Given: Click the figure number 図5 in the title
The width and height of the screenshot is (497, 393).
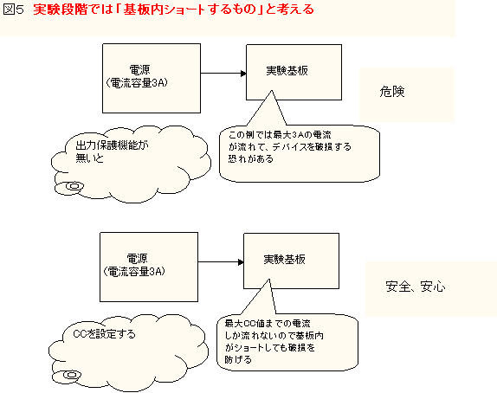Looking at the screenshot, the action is tap(13, 10).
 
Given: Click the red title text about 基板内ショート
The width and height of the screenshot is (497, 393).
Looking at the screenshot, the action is tap(173, 10).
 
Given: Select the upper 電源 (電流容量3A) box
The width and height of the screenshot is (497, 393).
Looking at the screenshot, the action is tap(152, 78).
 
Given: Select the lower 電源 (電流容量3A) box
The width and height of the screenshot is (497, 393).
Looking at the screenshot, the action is tap(149, 267).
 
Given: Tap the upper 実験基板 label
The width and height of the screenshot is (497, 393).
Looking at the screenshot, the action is tap(287, 70).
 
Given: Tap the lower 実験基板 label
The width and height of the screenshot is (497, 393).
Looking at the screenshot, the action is tap(284, 259).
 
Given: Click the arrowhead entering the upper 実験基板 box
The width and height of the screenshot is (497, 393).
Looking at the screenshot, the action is tap(243, 74).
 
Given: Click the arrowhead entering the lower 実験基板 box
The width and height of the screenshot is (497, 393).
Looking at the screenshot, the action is tap(241, 262).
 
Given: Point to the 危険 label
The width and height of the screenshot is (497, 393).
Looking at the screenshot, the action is tap(392, 92).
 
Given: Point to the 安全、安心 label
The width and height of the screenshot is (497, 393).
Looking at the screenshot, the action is tap(416, 287).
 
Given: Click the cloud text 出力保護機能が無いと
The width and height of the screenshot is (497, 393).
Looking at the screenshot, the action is tap(113, 151).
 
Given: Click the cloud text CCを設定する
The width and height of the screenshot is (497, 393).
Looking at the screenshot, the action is tap(104, 334).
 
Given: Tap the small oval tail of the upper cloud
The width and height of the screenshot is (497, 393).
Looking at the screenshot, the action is tap(70, 187).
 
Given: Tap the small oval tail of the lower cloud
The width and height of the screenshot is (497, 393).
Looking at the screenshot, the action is tap(68, 376).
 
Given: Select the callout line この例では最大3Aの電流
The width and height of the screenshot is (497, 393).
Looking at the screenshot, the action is tap(280, 135).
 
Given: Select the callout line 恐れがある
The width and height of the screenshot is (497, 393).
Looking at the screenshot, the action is tap(251, 158).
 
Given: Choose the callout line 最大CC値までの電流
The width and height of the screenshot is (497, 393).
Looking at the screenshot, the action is tap(268, 324).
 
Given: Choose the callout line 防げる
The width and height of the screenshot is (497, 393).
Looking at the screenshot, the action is tap(238, 360).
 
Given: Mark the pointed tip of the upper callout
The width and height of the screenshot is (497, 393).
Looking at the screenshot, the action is tap(271, 91).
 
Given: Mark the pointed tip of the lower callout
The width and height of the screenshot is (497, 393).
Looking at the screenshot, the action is tap(269, 280).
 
